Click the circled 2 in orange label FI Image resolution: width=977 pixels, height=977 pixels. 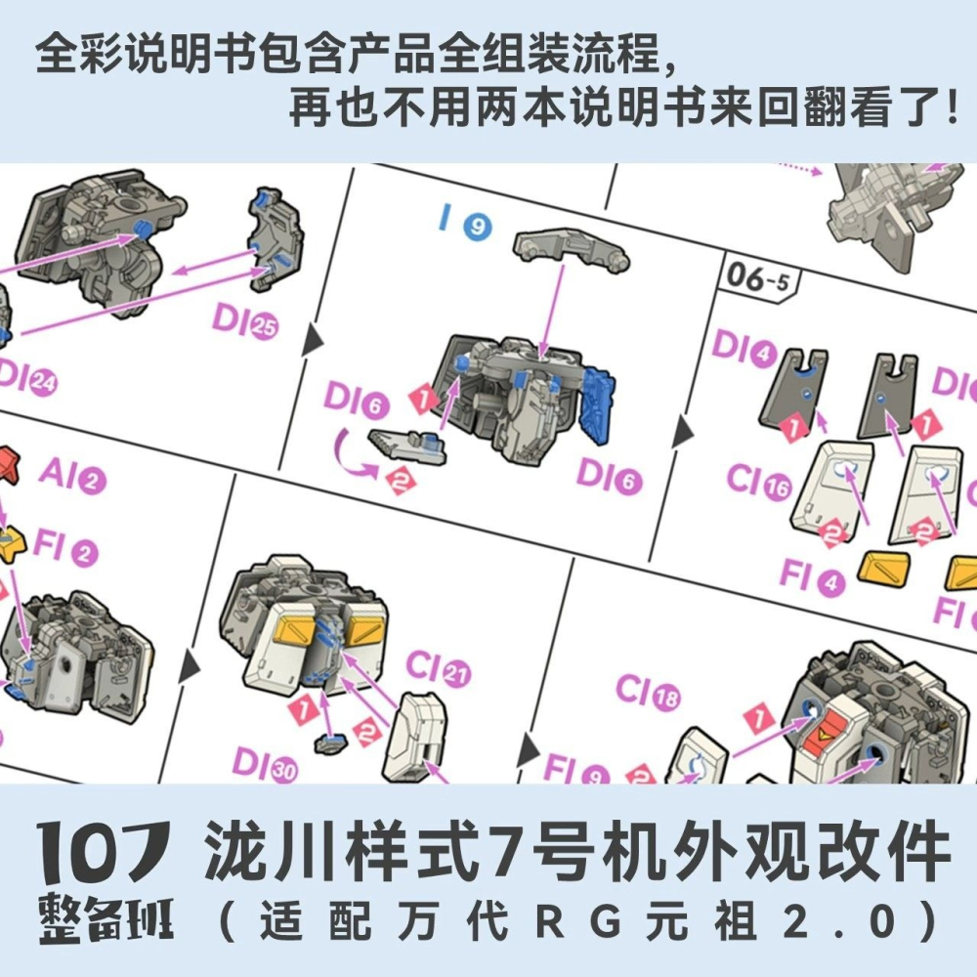coord(86,554)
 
